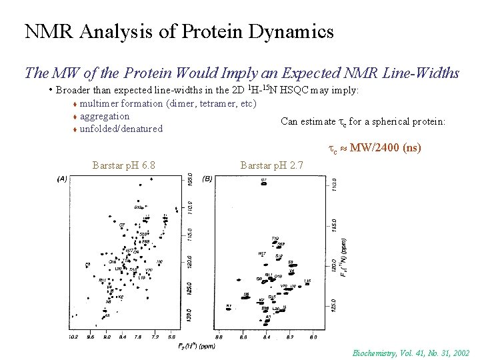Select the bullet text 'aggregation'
tap(105, 116)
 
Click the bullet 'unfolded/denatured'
tap(121, 129)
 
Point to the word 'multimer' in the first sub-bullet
tap(99, 103)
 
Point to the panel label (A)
tap(62, 179)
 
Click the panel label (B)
tap(208, 179)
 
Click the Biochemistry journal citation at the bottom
tap(411, 353)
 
